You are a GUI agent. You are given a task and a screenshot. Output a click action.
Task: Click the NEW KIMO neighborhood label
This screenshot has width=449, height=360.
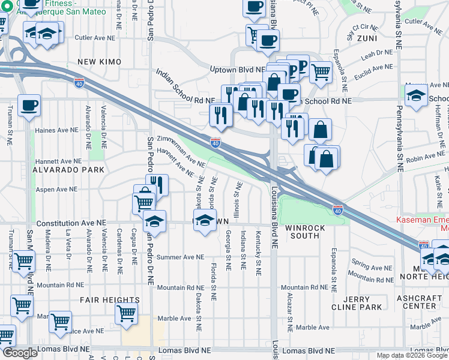[x=99, y=62]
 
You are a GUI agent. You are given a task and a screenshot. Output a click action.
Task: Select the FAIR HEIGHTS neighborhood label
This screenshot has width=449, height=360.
[x=110, y=300]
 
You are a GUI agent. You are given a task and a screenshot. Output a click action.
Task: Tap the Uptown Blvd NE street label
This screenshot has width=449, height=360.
[x=237, y=70]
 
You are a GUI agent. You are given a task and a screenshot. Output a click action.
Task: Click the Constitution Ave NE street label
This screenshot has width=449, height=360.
[x=81, y=223]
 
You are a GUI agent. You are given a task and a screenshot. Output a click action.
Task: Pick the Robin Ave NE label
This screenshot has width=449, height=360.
[x=423, y=158]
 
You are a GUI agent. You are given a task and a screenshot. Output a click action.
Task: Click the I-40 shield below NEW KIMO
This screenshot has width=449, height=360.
[x=80, y=82]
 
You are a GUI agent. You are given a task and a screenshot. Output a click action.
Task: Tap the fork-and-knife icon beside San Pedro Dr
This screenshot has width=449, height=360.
[x=157, y=184]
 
